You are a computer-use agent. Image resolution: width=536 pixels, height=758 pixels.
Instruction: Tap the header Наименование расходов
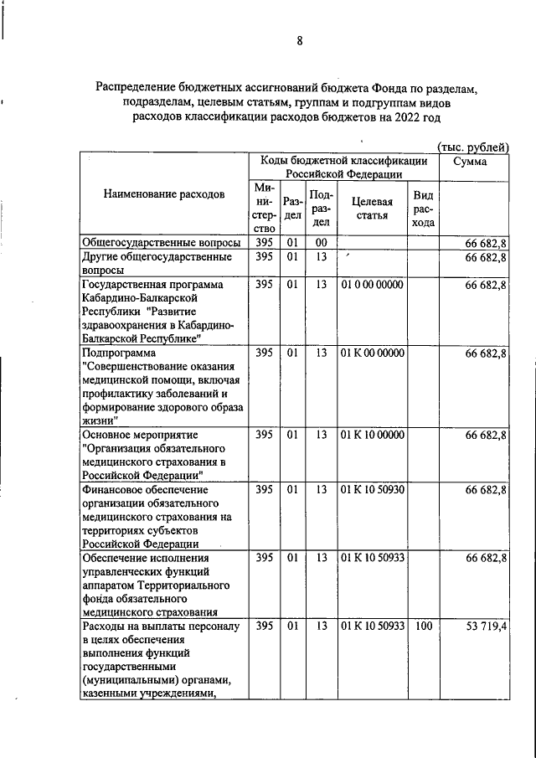pos(164,194)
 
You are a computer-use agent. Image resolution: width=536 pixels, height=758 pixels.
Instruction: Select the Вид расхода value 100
pos(423,626)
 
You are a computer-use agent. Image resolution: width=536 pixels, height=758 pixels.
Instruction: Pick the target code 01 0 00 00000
pos(373,285)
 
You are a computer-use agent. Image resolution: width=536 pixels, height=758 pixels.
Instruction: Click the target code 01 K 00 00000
pos(373,353)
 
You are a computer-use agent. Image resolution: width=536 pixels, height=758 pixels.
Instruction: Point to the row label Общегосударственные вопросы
pos(151,243)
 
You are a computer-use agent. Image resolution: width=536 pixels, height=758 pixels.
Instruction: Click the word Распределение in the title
pos(140,87)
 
